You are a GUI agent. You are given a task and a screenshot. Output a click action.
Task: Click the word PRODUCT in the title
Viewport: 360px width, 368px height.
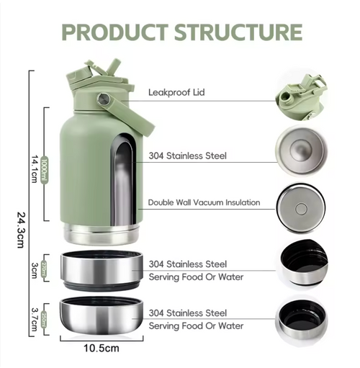(112, 32)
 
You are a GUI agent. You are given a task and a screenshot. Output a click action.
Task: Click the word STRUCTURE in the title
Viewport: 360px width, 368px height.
(238, 32)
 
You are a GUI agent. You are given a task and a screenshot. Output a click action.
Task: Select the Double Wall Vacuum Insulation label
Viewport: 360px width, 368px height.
(204, 202)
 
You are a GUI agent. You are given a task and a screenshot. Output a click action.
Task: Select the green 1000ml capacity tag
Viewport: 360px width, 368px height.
(44, 170)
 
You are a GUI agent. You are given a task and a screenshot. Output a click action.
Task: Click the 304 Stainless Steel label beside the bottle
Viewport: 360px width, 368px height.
(187, 155)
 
